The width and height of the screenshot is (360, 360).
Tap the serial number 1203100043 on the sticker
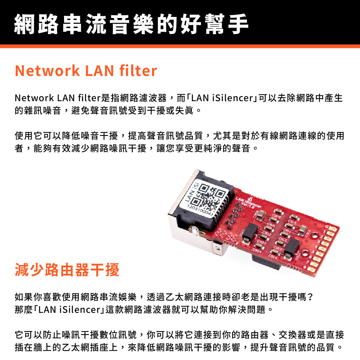point(200,211)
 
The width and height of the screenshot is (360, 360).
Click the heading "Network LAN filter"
point(86,71)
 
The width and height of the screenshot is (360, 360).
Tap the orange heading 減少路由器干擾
point(67,270)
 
